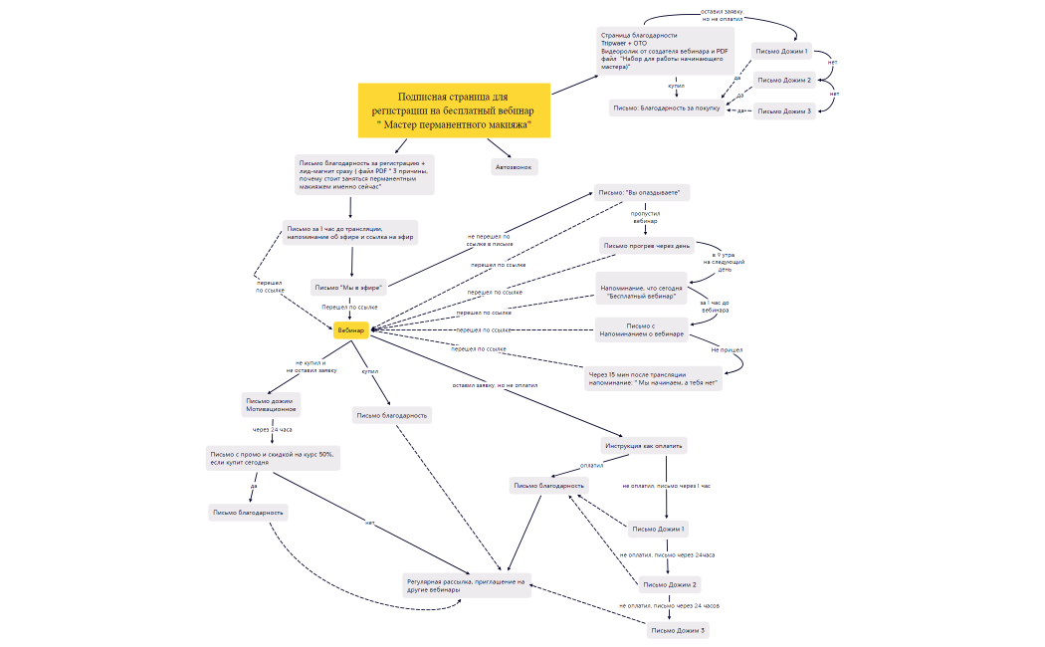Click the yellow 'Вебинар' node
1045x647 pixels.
tap(351, 329)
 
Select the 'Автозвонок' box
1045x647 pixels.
tap(515, 167)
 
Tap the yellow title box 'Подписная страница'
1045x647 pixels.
tap(454, 110)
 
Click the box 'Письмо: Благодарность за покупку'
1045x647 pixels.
tap(666, 108)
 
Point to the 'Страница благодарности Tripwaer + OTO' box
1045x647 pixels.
tap(665, 51)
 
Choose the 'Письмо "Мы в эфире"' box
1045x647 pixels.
tap(348, 288)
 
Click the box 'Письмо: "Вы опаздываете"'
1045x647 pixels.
tap(643, 193)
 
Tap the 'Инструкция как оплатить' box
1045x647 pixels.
tap(645, 445)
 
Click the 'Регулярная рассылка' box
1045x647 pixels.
tap(465, 585)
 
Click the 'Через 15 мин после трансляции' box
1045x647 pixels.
tap(653, 378)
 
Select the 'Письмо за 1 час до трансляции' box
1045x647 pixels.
tap(350, 232)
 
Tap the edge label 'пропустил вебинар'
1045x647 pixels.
tap(645, 217)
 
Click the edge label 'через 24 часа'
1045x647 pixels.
tap(272, 430)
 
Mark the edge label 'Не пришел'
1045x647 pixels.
tap(727, 350)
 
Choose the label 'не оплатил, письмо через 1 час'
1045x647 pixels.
tap(666, 486)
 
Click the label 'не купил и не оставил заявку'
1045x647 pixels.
tap(312, 366)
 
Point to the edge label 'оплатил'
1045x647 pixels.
tap(592, 464)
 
